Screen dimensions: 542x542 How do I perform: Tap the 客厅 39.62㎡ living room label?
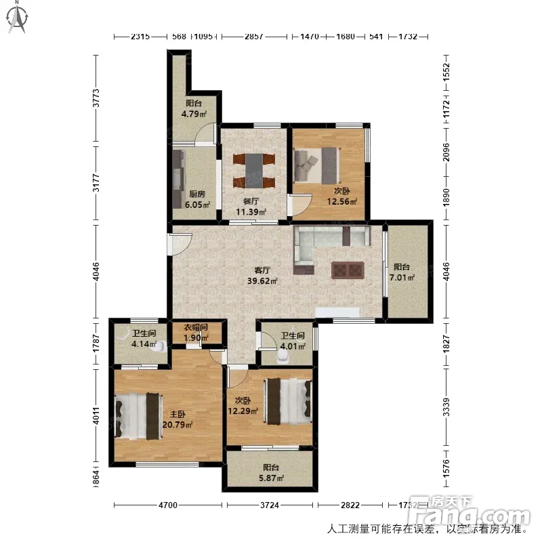262,276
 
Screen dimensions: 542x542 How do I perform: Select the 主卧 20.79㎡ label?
178,419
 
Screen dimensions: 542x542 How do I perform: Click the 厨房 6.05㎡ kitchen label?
197,199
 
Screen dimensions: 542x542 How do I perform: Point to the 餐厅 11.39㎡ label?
251,207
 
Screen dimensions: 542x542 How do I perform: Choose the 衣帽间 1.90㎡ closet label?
196,333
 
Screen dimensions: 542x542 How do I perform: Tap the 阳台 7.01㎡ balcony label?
402,272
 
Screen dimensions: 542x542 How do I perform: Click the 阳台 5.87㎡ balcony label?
272,473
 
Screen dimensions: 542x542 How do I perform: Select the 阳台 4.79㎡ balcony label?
194,108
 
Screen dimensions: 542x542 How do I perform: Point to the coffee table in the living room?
348,270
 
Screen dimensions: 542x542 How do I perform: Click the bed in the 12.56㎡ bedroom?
317,165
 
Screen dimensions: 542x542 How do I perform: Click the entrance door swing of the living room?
180,244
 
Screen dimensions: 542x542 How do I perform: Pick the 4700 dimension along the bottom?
168,505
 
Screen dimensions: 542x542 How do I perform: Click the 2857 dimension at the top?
254,37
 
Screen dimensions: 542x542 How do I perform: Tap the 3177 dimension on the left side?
96,183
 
